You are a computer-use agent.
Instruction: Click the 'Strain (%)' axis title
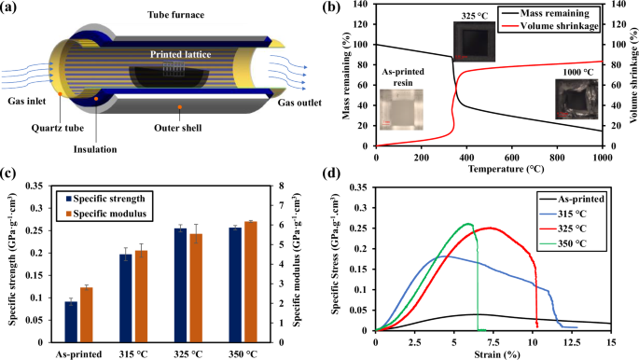(x=493, y=353)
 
